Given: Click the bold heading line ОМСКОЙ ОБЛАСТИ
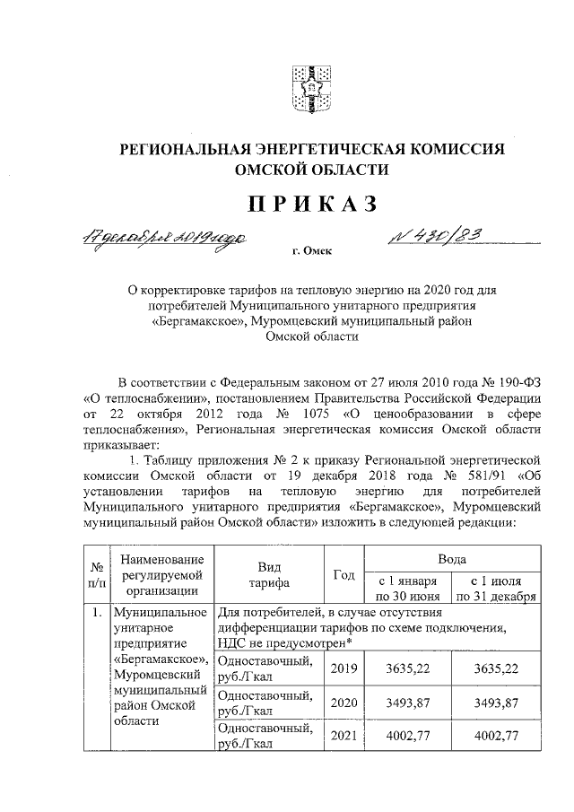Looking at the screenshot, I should click(311, 170).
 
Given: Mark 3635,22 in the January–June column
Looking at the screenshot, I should click(407, 668).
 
